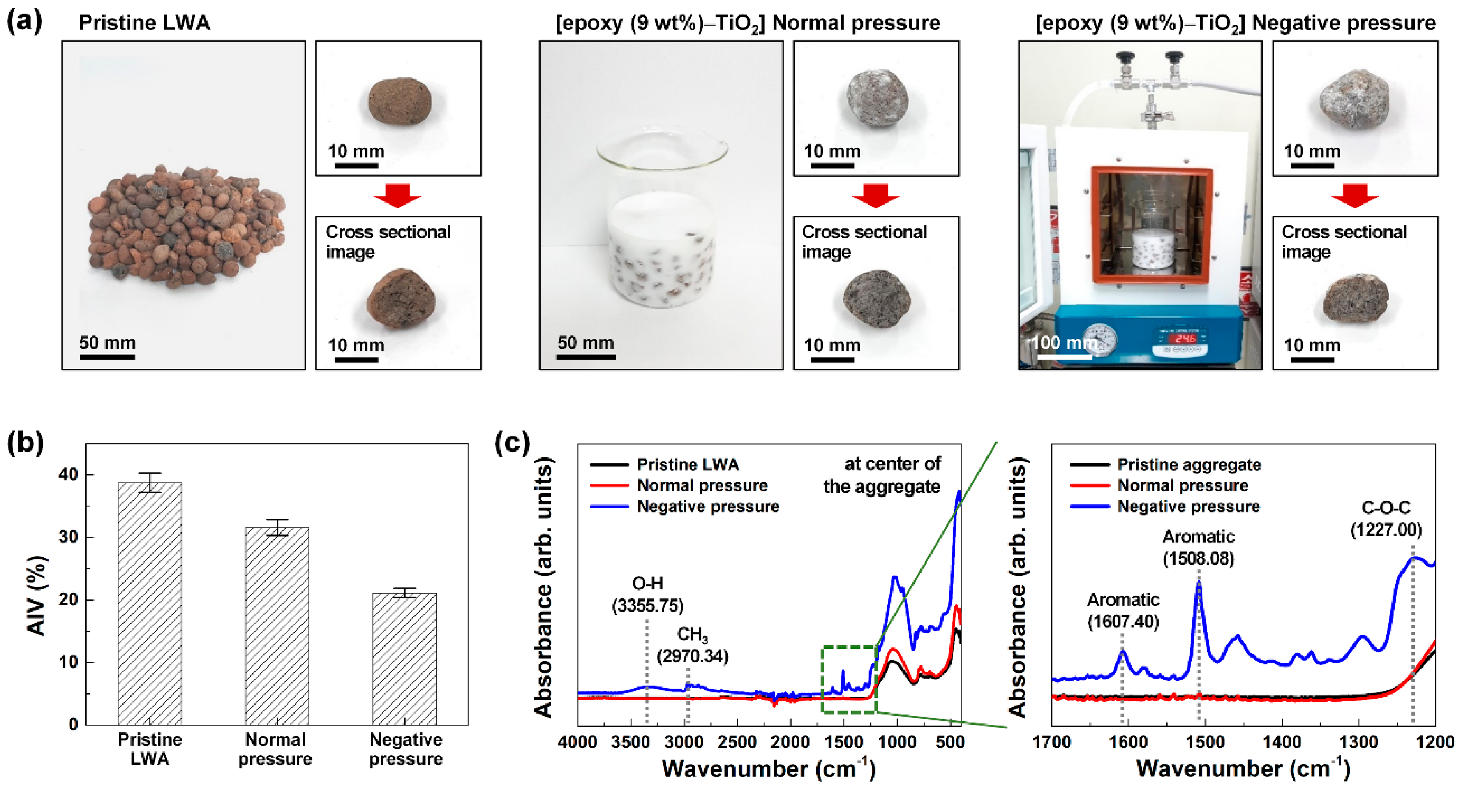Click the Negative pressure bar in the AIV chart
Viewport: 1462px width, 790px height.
(x=404, y=658)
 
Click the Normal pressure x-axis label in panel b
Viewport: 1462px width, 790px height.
(x=275, y=749)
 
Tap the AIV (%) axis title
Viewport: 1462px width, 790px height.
(x=36, y=596)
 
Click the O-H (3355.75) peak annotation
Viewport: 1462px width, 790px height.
(x=648, y=594)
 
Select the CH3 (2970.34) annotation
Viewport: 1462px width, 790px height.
(x=693, y=645)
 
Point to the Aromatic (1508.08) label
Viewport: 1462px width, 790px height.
(x=1199, y=547)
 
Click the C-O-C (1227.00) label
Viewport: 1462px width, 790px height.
(x=1386, y=519)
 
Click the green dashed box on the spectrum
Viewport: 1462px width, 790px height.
(x=849, y=679)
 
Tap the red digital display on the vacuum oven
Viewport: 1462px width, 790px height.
(x=1185, y=338)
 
